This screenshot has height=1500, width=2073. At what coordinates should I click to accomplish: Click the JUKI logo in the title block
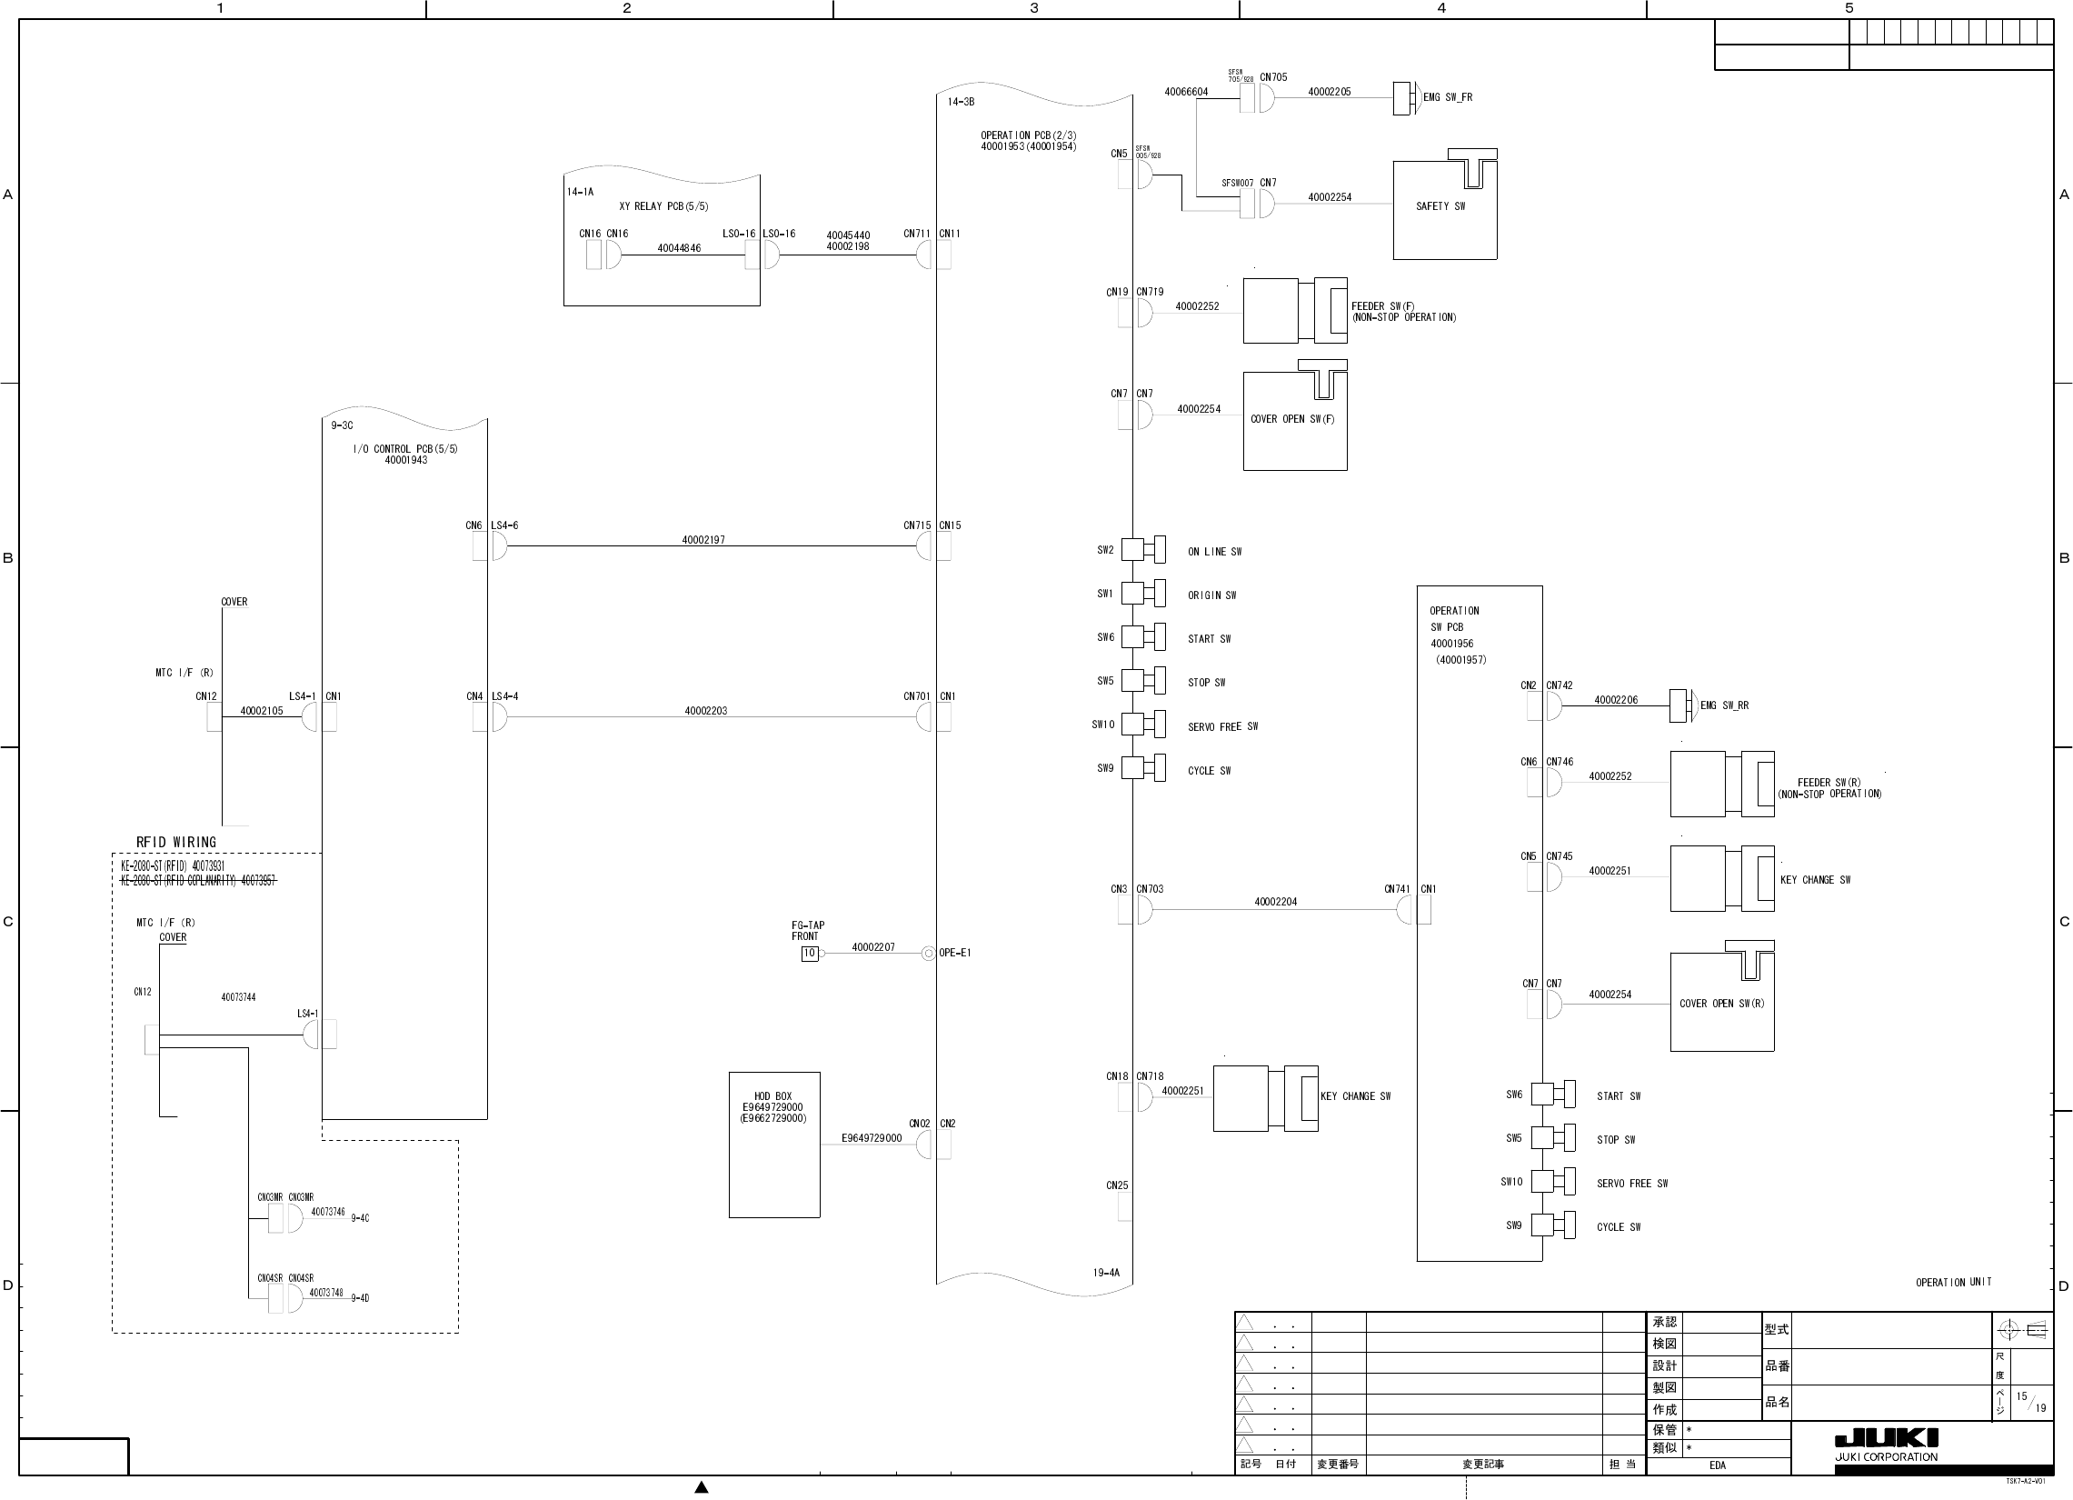tap(1886, 1438)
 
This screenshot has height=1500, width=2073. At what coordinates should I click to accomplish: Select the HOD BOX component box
tap(773, 1144)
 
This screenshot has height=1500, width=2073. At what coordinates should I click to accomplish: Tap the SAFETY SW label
tap(1440, 206)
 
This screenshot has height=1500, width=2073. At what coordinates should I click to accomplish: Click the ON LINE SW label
tap(1214, 552)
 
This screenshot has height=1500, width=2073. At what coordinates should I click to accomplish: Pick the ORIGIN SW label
tap(1211, 596)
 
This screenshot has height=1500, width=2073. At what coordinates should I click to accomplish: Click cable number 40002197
tap(703, 540)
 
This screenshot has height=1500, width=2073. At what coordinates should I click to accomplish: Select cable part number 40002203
tap(705, 711)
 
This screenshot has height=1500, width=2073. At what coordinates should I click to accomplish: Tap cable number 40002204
tap(1275, 902)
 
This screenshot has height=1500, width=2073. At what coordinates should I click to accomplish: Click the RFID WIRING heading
tap(176, 843)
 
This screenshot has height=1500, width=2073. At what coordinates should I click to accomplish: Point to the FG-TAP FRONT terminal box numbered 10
tap(809, 954)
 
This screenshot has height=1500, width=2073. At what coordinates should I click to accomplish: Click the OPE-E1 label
tap(954, 953)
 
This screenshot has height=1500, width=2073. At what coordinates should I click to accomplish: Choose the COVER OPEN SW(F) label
tap(1291, 420)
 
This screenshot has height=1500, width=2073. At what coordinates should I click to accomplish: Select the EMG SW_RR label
tap(1724, 705)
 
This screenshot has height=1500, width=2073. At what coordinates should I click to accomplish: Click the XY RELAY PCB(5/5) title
tap(663, 206)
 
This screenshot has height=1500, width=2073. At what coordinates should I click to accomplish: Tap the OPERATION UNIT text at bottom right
tap(1953, 1283)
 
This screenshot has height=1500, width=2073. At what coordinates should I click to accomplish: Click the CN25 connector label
tap(1117, 1185)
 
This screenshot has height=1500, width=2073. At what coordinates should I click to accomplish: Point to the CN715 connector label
tap(917, 525)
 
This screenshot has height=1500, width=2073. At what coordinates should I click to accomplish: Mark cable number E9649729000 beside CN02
tap(871, 1139)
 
